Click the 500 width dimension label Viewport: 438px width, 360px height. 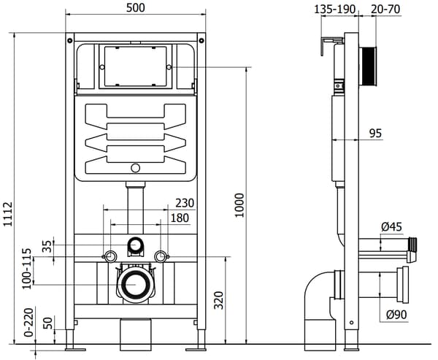[136, 7]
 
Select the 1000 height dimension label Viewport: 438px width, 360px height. [239, 205]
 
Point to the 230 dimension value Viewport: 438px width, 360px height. [185, 203]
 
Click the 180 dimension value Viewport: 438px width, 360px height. [180, 218]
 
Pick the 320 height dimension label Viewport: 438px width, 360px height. [219, 300]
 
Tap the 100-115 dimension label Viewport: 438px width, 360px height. [27, 268]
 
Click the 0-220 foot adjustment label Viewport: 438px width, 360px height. [28, 322]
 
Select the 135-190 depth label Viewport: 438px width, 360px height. [334, 9]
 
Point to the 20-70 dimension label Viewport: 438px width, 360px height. [385, 9]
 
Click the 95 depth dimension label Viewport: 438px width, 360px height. [375, 134]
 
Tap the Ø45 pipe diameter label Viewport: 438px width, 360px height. [391, 226]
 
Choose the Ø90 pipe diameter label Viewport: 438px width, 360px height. [396, 315]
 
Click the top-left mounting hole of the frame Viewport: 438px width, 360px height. [69, 41]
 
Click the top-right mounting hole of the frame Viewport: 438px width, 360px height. [201, 41]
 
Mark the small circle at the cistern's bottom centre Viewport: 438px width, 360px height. [136, 168]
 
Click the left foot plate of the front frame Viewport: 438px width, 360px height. [75, 349]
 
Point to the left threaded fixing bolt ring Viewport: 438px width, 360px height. [111, 256]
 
